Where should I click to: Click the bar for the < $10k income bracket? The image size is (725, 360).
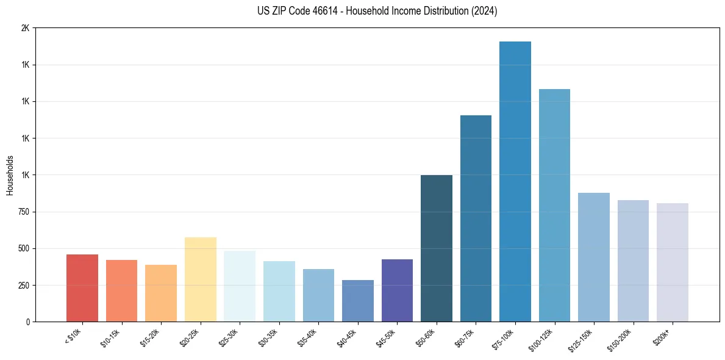click(x=82, y=288)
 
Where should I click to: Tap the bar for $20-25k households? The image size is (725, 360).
click(x=201, y=279)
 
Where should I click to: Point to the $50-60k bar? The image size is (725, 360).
click(x=437, y=248)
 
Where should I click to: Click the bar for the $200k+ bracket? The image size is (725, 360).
click(x=673, y=262)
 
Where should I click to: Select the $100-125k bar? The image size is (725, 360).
click(x=554, y=205)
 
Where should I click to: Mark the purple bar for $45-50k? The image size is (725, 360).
click(x=397, y=290)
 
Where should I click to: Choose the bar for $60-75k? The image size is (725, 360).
click(x=476, y=218)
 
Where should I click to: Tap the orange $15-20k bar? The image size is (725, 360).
click(x=161, y=293)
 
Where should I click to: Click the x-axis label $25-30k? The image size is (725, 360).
click(x=228, y=338)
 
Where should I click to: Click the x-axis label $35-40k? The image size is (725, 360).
click(x=307, y=338)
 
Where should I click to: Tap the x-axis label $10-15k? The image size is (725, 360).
click(x=110, y=338)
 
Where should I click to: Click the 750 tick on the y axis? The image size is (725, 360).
click(x=23, y=212)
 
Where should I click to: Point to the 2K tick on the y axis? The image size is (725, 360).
click(x=25, y=28)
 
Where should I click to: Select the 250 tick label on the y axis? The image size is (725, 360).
click(x=23, y=285)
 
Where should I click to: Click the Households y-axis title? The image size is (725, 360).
click(x=10, y=175)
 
